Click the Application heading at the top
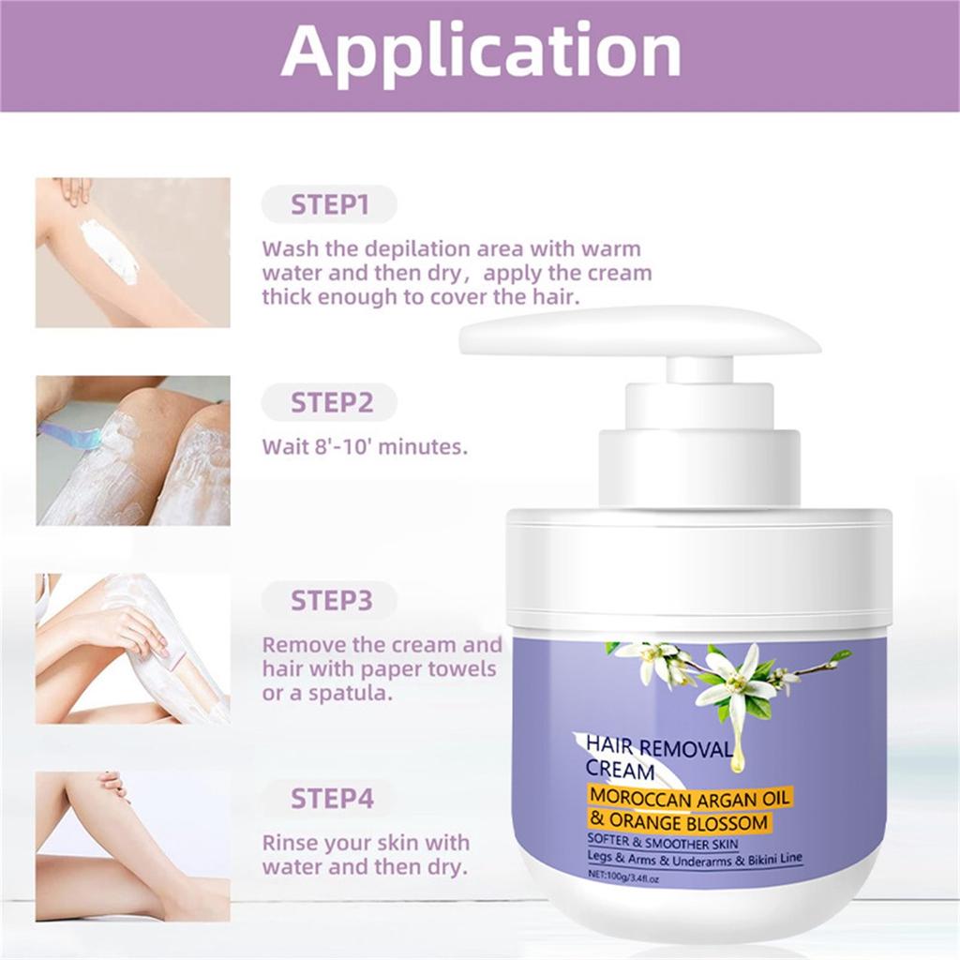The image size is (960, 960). [481, 53]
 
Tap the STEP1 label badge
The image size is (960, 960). [329, 204]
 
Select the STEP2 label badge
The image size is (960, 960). [329, 402]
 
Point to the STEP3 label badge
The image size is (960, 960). [329, 600]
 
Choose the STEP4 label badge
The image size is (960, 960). [331, 799]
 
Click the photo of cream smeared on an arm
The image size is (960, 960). [133, 252]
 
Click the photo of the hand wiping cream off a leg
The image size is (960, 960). [133, 649]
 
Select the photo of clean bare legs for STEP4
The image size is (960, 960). [133, 847]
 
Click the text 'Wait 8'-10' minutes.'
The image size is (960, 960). [365, 447]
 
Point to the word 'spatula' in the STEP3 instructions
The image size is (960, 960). [350, 694]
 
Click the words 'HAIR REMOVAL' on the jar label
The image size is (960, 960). [659, 747]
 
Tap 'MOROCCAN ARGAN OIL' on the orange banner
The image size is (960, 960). [690, 797]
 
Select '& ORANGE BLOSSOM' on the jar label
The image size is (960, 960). [679, 821]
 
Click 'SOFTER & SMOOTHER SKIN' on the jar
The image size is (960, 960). [663, 843]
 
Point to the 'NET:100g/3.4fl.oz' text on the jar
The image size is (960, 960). [622, 877]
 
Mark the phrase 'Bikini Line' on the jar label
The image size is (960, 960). [774, 860]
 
